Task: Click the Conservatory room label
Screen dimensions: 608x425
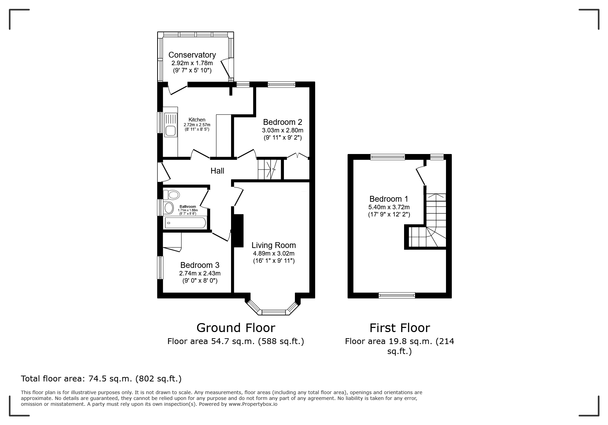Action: point(192,55)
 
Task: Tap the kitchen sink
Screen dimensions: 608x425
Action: point(171,125)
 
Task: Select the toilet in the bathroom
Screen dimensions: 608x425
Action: point(171,195)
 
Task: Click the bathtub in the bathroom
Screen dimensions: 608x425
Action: point(185,223)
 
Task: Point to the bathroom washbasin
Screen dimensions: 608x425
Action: point(169,208)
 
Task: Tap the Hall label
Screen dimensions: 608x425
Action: point(217,171)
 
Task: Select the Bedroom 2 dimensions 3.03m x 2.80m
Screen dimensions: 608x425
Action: point(283,130)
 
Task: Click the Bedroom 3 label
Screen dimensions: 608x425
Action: point(199,265)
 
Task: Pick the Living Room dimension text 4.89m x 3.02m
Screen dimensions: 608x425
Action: point(274,253)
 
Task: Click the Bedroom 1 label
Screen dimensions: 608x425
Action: point(389,199)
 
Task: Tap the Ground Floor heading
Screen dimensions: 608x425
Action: point(236,328)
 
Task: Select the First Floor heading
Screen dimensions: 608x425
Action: point(400,328)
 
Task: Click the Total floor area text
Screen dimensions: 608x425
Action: point(101,379)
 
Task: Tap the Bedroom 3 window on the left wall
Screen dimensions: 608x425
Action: point(160,268)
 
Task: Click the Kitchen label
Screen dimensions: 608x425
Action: point(197,120)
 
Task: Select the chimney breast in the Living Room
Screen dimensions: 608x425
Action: point(238,231)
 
